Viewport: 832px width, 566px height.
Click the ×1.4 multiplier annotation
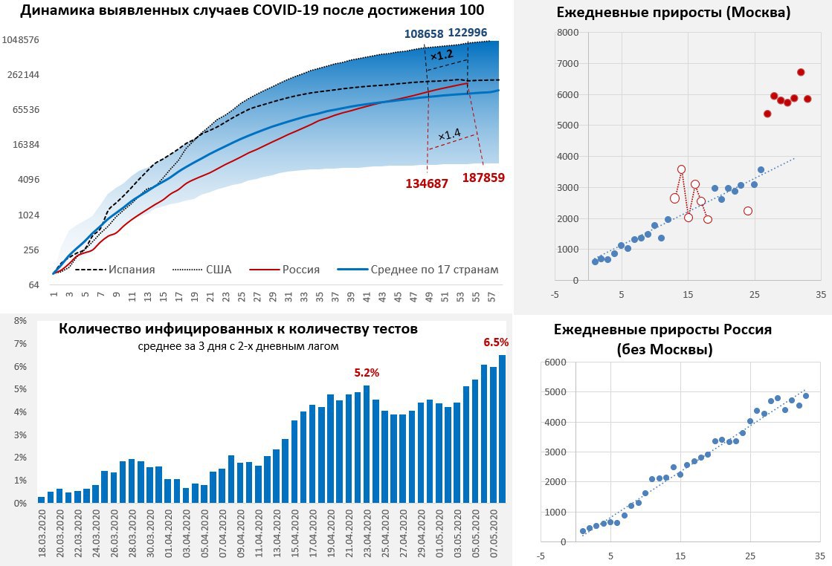[x=449, y=134]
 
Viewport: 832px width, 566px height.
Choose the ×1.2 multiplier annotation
[x=441, y=55]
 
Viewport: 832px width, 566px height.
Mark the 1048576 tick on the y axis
[x=21, y=40]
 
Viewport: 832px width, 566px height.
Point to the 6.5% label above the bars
[x=496, y=342]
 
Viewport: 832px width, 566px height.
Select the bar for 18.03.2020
[x=41, y=500]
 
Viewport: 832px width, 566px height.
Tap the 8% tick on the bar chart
[x=20, y=321]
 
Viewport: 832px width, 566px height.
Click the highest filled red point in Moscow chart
[x=801, y=72]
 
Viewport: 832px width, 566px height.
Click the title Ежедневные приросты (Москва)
[x=673, y=13]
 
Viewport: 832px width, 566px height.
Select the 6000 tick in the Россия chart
[x=555, y=362]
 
